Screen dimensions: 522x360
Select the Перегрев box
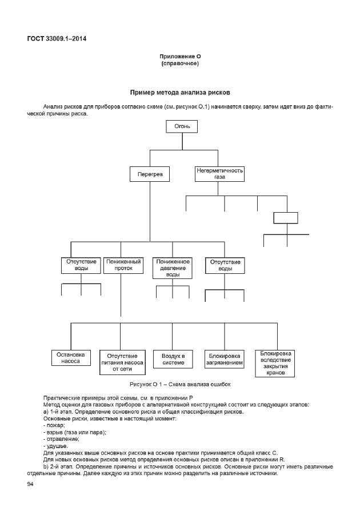[x=150, y=174]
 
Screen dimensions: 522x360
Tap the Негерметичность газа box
[x=220, y=174]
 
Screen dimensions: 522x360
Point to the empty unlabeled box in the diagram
[x=286, y=218]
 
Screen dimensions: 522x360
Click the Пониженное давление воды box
[x=173, y=268]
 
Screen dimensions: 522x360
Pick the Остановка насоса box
[x=71, y=357]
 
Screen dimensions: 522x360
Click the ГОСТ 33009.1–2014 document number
[x=57, y=39]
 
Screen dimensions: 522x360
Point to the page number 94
[x=31, y=484]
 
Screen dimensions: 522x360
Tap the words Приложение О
[x=180, y=56]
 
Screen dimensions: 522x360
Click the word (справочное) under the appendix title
[x=180, y=63]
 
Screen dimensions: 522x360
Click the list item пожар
[x=55, y=425]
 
